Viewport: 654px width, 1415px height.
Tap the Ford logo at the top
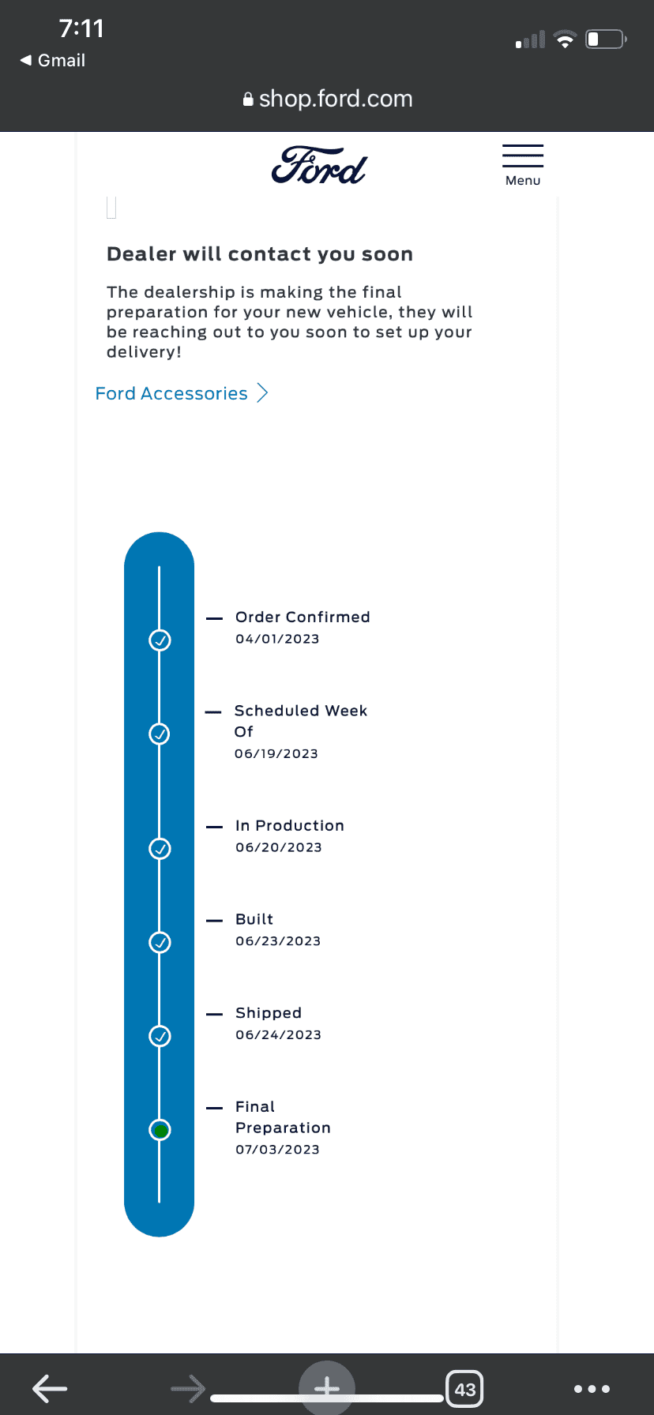click(319, 166)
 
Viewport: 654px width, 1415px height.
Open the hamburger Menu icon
click(523, 156)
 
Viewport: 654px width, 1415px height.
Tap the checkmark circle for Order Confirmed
click(160, 640)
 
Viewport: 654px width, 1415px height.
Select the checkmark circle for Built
click(160, 942)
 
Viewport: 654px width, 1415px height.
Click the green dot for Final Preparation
click(160, 1131)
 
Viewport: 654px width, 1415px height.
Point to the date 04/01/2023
click(277, 639)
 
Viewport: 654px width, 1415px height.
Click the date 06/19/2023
click(276, 753)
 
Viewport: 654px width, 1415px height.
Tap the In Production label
click(290, 825)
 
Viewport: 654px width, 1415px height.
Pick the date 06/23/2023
click(278, 940)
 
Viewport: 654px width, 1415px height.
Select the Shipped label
click(269, 1013)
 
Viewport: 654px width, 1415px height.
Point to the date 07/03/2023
click(277, 1149)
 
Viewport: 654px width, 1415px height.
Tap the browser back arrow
click(50, 1388)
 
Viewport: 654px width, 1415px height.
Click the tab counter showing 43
click(465, 1389)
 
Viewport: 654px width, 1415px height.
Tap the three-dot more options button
click(592, 1389)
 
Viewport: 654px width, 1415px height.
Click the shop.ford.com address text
click(336, 99)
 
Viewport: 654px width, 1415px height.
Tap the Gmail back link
click(53, 60)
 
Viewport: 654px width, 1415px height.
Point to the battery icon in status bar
click(606, 39)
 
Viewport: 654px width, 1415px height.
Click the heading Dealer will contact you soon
click(260, 254)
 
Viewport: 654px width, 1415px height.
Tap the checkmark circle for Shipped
click(160, 1036)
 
